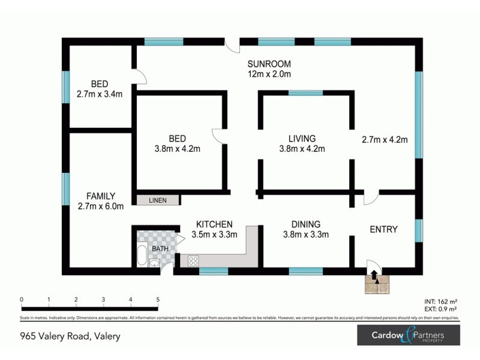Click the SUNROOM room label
[x=269, y=64]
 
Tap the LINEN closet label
[x=158, y=200]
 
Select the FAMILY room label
[x=100, y=196]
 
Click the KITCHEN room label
[x=214, y=224]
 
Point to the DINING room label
[x=305, y=224]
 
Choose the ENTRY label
[x=384, y=229]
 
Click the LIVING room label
[x=302, y=139]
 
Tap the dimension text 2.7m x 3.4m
[x=100, y=94]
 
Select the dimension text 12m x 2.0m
[x=269, y=74]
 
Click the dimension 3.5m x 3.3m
[x=214, y=235]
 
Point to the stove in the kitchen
[x=194, y=260]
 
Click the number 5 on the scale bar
[x=158, y=299]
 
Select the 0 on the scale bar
[x=22, y=299]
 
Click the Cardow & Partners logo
[x=408, y=335]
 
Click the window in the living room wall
[x=306, y=93]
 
